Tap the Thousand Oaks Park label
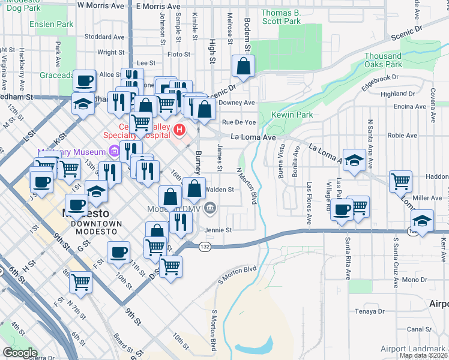[x=383, y=60]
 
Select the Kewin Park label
[x=284, y=114]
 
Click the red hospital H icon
[x=178, y=129]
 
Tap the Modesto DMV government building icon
[x=209, y=209]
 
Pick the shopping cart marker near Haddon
[x=400, y=181]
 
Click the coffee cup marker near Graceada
[x=85, y=80]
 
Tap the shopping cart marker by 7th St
[x=80, y=281]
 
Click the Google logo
[x=19, y=353]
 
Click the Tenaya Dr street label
[x=369, y=311]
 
